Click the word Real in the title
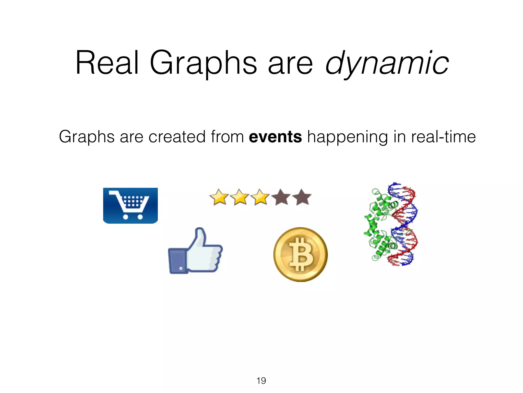pos(107,63)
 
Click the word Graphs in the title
pos(203,63)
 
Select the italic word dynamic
pos(387,63)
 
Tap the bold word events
pos(275,137)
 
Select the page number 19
pos(261,381)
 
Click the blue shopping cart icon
pos(130,205)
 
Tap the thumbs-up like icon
pos(195,251)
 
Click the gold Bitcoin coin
pos(300,254)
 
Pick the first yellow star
pos(219,197)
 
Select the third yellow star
pos(260,197)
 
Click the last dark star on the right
pos(302,197)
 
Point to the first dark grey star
pos(281,197)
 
